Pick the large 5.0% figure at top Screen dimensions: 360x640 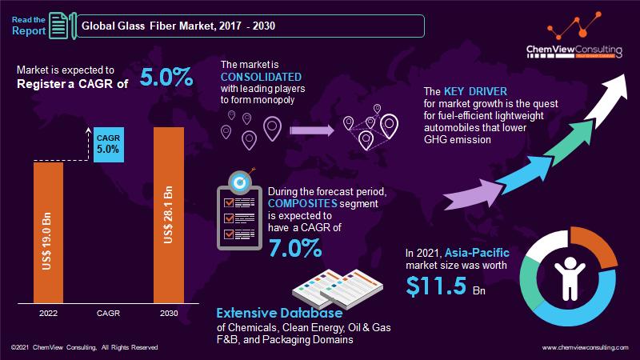click(x=166, y=78)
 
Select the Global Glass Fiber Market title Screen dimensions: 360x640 click(x=176, y=26)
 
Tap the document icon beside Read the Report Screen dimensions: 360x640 click(x=58, y=26)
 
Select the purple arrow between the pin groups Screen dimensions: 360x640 click(x=310, y=128)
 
